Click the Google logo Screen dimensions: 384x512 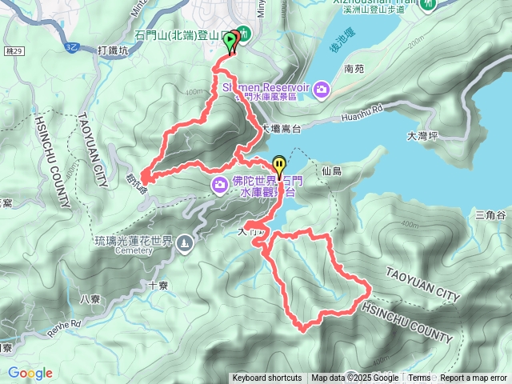tap(30, 373)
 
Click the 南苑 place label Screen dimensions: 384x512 tap(354, 70)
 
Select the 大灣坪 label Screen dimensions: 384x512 tap(422, 136)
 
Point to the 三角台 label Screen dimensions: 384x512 tap(490, 214)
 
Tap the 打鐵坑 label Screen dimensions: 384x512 tap(112, 50)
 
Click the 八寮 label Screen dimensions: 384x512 tap(90, 299)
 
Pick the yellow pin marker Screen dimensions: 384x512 tap(278, 163)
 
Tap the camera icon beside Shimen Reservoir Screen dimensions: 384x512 tap(322, 88)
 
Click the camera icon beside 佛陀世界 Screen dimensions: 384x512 tap(220, 186)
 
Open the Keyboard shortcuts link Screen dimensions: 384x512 tap(266, 378)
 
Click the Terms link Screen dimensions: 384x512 tap(419, 378)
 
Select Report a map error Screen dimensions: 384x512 tap(474, 378)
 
